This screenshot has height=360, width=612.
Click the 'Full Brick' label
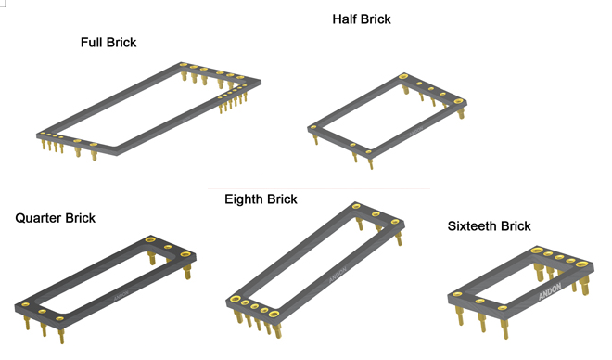click(108, 42)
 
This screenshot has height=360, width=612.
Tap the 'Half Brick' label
click(362, 19)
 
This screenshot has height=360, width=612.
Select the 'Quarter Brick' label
click(55, 218)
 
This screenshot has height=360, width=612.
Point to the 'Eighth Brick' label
click(261, 199)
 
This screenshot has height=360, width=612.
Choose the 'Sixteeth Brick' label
click(489, 225)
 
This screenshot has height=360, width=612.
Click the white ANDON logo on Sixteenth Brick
click(550, 291)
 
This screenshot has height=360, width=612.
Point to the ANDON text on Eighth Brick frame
click(338, 275)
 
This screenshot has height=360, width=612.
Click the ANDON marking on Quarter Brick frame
click(121, 296)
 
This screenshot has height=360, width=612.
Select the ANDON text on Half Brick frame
click(416, 132)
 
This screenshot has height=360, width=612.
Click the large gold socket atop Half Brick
click(403, 76)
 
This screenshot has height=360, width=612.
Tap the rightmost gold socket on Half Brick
click(459, 102)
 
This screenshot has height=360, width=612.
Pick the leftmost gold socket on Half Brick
click(313, 127)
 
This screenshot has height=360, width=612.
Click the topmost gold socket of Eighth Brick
click(356, 206)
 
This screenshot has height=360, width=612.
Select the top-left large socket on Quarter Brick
click(150, 239)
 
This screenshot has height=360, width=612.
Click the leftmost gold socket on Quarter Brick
click(25, 304)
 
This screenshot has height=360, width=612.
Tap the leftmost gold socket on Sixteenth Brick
click(457, 294)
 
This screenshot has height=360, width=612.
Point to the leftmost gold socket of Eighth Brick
click(236, 300)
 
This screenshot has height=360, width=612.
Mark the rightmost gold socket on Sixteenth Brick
click(581, 264)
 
